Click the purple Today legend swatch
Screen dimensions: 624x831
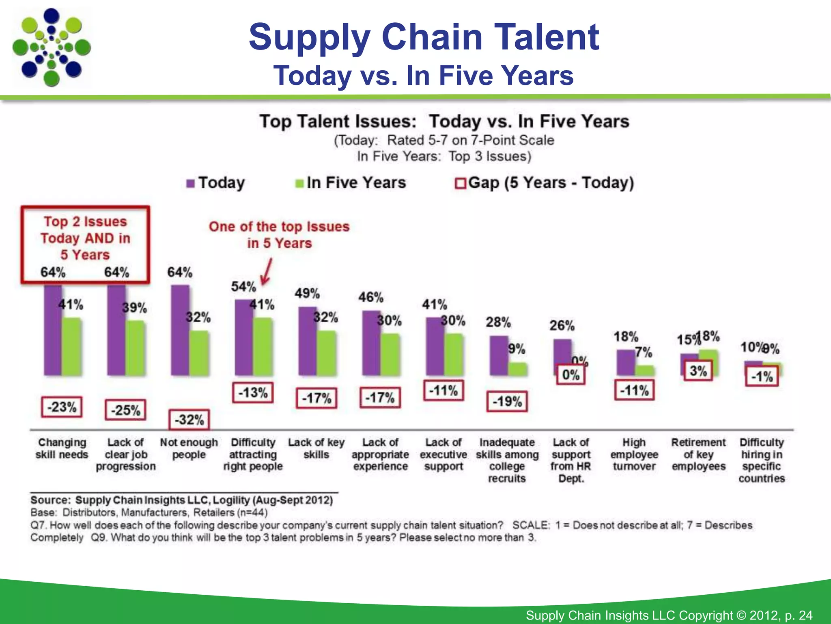190,184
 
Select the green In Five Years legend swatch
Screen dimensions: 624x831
299,184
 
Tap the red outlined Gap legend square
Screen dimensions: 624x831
460,184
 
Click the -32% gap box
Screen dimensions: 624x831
189,420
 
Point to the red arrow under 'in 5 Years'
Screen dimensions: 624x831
266,273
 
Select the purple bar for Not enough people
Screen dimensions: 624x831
179,330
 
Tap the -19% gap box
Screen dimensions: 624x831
507,402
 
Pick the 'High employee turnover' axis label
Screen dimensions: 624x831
634,454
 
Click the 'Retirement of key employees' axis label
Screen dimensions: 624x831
698,454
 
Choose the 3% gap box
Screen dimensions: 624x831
698,371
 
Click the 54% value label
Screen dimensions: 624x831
243,287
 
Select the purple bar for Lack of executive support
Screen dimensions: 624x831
434,346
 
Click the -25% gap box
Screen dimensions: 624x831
125,410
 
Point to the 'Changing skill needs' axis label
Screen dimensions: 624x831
62,448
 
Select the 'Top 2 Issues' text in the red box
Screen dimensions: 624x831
85,222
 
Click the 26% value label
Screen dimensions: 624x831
562,325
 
